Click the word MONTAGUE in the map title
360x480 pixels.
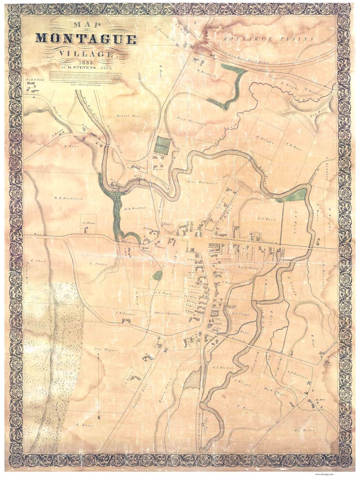(x=86, y=39)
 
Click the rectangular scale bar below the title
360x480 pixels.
(x=86, y=77)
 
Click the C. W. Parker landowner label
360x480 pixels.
(x=123, y=312)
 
